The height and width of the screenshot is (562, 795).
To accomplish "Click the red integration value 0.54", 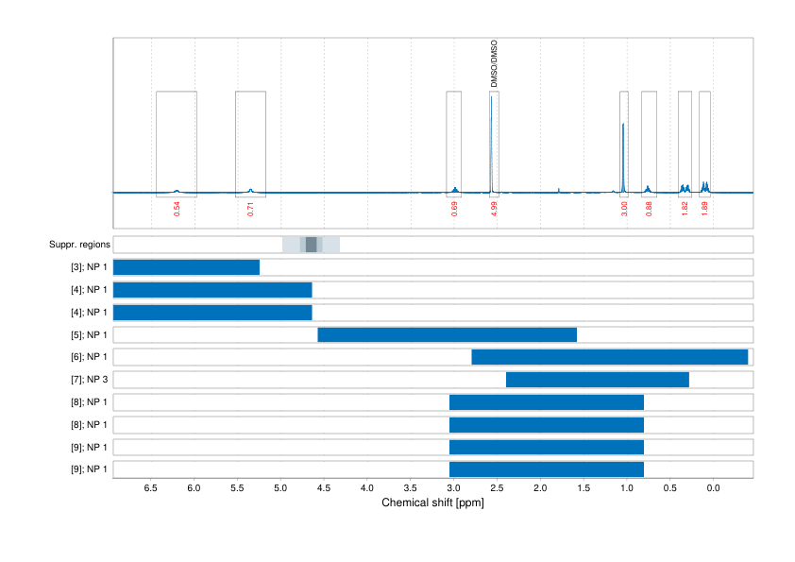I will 177,209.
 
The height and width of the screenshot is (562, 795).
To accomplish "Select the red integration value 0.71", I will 250,209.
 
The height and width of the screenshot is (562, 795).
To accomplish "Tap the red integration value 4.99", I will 494,209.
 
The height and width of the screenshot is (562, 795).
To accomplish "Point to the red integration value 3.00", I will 624,209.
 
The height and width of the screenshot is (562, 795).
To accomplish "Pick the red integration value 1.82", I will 685,209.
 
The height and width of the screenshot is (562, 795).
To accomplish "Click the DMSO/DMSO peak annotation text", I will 494,64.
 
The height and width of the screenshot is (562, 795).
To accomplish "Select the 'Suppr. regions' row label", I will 79,245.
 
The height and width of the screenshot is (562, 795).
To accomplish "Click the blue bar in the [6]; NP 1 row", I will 609,357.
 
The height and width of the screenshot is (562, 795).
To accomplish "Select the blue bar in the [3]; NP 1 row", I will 186,267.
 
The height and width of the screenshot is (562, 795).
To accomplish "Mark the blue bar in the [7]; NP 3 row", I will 597,380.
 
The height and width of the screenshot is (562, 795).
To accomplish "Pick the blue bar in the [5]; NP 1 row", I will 447,334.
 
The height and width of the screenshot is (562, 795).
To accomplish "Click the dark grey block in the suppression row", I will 311,245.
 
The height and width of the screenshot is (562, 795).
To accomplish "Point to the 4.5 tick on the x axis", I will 324,488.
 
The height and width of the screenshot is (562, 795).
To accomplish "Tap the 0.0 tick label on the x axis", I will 713,488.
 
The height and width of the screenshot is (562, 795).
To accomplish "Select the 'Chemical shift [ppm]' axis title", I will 432,503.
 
